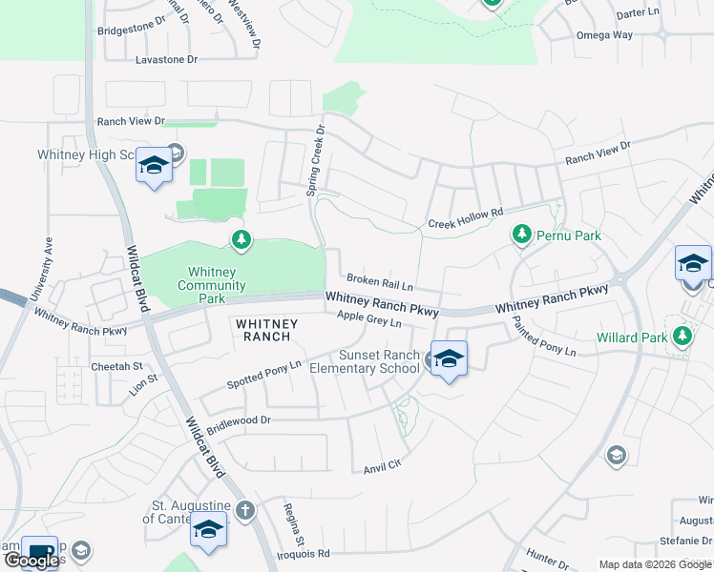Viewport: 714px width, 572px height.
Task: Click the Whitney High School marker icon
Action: point(153,166)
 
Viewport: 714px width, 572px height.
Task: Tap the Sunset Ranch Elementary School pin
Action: point(449,359)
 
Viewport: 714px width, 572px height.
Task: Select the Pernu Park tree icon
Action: point(521,234)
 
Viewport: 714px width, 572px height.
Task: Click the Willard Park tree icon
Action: point(682,337)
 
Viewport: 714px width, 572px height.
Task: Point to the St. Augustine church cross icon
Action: point(245,511)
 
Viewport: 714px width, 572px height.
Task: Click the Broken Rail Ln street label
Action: point(379,284)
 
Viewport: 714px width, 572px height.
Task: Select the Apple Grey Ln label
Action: point(368,322)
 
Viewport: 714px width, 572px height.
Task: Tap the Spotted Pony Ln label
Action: point(263,375)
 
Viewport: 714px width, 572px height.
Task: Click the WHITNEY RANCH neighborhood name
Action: point(266,330)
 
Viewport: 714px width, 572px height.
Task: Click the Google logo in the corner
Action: point(32,561)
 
